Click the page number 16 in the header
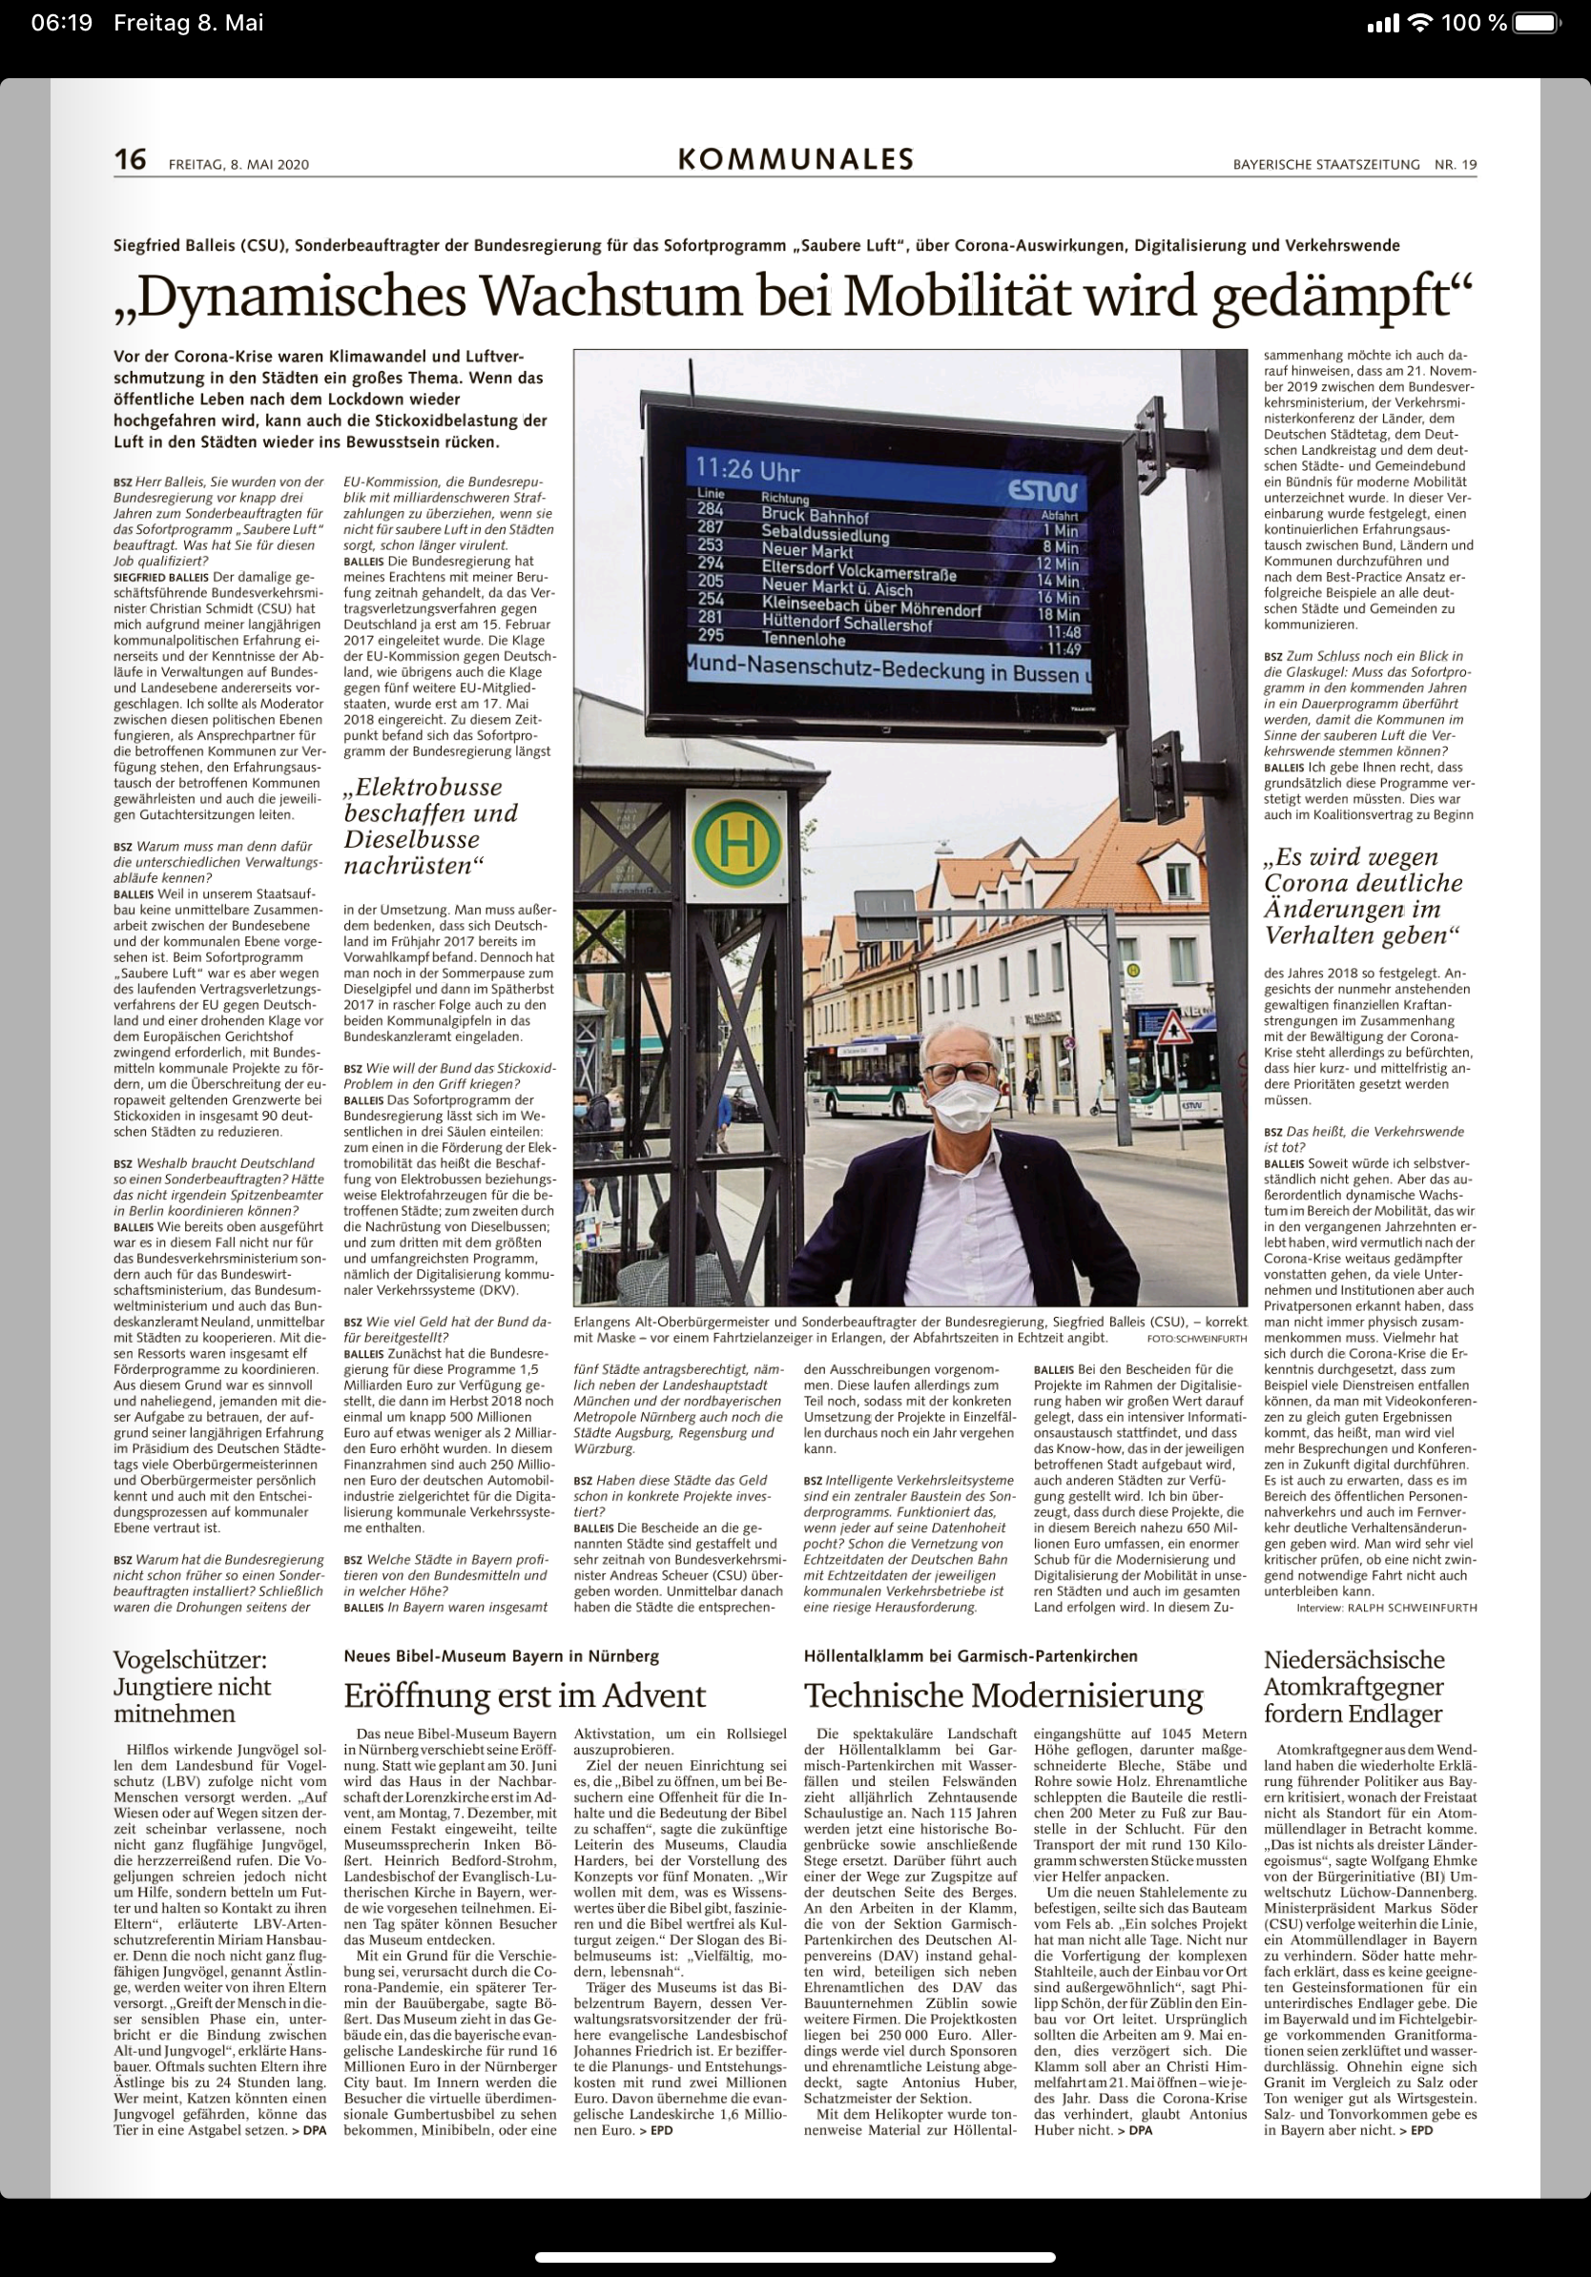pos(130,159)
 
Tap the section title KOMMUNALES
pos(795,159)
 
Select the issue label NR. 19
pos(1456,165)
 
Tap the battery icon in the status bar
pos(1537,23)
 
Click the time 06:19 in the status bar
pos(61,23)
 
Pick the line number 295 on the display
pos(712,636)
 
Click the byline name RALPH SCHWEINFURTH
pos(1412,1608)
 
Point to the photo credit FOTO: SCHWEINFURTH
pos(1196,1339)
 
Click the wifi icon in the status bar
pos(1421,23)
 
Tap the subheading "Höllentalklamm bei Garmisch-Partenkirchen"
pos(970,1655)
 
